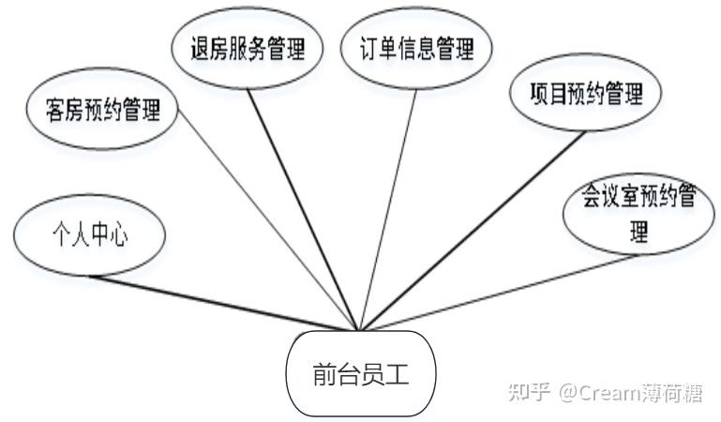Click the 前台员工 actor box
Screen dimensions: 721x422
[x=361, y=375]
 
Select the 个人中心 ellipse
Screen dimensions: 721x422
[x=90, y=235]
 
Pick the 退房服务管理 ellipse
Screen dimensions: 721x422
[x=248, y=49]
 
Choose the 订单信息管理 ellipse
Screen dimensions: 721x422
[x=416, y=49]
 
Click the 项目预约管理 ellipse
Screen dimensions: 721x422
[x=585, y=94]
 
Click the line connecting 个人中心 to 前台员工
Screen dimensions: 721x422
[x=225, y=302]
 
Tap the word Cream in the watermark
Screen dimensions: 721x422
[x=614, y=392]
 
